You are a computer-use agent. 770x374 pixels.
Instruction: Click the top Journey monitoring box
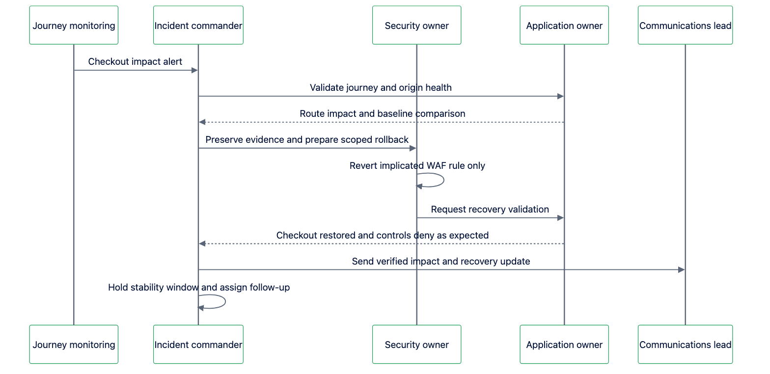pos(74,25)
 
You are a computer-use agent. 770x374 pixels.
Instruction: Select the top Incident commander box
pos(198,25)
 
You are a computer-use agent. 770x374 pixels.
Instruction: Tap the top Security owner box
pos(416,25)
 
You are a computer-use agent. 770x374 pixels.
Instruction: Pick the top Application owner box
pos(564,25)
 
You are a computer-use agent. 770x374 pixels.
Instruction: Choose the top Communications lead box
pos(685,25)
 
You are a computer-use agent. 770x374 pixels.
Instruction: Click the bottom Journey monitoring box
pos(74,344)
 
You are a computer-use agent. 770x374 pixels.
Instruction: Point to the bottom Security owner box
pos(416,344)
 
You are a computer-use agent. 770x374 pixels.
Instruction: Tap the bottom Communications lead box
pos(685,344)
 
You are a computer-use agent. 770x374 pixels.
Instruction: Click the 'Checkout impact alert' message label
pos(135,61)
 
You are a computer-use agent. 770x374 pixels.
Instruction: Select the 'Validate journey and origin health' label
pos(381,87)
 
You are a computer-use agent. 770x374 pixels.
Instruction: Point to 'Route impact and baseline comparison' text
pos(382,114)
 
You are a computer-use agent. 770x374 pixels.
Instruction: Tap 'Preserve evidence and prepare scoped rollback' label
pos(307,140)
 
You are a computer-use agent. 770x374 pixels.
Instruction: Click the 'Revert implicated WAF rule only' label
pos(417,165)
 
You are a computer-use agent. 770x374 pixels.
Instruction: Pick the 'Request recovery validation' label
pos(490,209)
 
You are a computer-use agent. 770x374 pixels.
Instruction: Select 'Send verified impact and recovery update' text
pos(441,261)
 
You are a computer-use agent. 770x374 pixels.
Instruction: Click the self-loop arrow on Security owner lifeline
pos(444,180)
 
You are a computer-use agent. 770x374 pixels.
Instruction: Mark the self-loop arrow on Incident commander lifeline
pos(225,301)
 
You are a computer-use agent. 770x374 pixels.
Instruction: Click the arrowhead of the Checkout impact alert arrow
pos(194,70)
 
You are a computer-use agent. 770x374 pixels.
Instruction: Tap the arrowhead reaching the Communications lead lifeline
pos(681,270)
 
